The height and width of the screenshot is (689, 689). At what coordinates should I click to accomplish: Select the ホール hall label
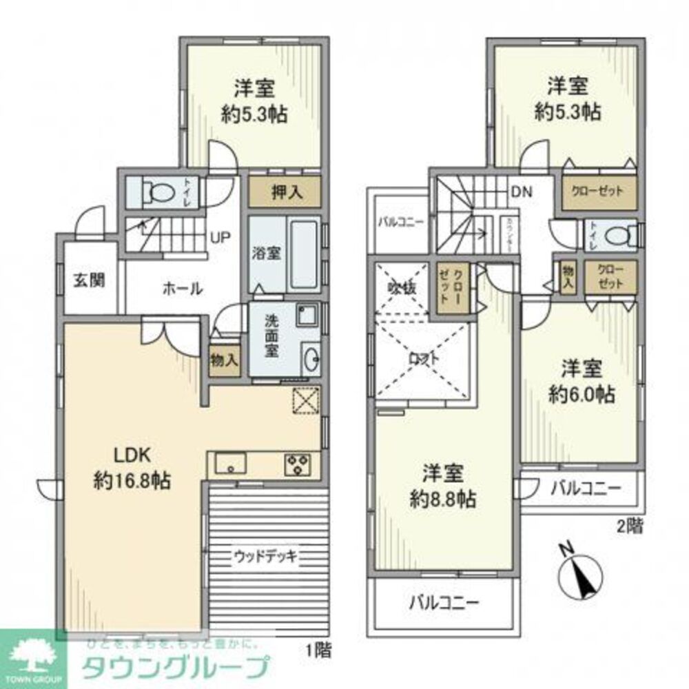pos(182,289)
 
